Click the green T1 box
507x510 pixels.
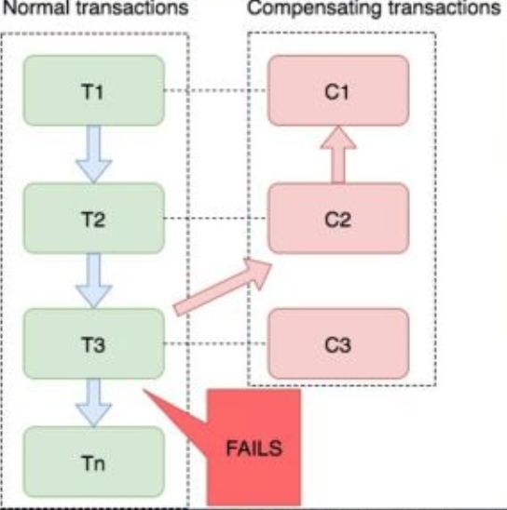tap(94, 90)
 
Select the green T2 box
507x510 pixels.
tap(94, 219)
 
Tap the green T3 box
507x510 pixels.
tap(94, 343)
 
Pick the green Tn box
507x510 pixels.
tap(94, 462)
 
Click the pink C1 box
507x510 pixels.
tap(338, 90)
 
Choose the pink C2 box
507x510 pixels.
tap(338, 219)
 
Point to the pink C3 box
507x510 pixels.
tap(338, 343)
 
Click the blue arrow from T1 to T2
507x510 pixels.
tap(94, 154)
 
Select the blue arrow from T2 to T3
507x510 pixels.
tap(94, 281)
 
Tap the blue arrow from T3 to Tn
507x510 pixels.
tap(94, 403)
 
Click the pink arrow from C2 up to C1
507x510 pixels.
tap(338, 154)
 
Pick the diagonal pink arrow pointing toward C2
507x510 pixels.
tap(223, 287)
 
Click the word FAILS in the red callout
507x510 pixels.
tap(254, 449)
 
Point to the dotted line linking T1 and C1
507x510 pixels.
tap(216, 90)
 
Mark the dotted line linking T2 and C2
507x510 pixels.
tap(216, 219)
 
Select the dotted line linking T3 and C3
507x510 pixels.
tap(216, 343)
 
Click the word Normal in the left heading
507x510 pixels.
tap(37, 7)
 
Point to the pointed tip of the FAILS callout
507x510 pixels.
tap(144, 390)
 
